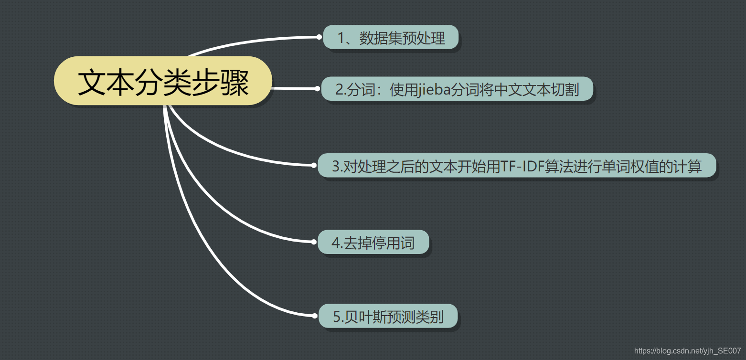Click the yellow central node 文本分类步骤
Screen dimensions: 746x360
tap(163, 81)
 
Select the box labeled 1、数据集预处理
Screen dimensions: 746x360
tap(391, 37)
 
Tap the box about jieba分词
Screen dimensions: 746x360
tap(457, 89)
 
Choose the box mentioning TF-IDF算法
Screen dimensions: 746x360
tap(517, 166)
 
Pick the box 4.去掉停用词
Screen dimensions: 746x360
tap(373, 243)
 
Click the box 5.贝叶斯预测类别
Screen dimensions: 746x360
tap(388, 316)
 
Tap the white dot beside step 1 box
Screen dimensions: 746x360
tap(319, 37)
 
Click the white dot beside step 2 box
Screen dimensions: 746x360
tap(317, 88)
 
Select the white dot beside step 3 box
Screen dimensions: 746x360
tap(314, 165)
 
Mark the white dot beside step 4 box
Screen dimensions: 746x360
tap(314, 242)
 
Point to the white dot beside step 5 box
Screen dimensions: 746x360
tap(314, 316)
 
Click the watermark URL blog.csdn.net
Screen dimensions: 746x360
tap(687, 351)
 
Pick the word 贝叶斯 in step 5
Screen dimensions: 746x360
tap(367, 317)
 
